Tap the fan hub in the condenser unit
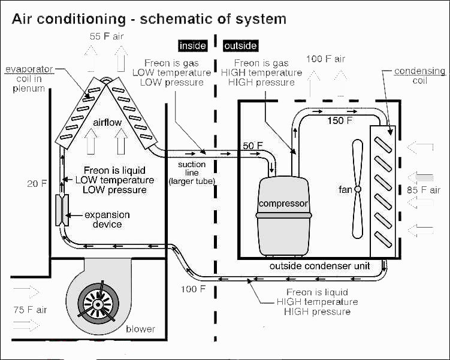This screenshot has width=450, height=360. click(358, 189)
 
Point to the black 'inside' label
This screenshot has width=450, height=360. click(193, 46)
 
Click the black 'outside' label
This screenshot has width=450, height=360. click(240, 46)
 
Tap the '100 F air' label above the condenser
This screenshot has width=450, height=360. click(325, 59)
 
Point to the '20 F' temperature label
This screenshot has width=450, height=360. click(37, 183)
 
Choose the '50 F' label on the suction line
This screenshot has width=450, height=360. click(252, 146)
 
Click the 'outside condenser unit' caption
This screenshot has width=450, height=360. click(319, 265)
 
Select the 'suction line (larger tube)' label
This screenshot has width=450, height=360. click(192, 173)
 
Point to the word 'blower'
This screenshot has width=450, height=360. click(141, 329)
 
